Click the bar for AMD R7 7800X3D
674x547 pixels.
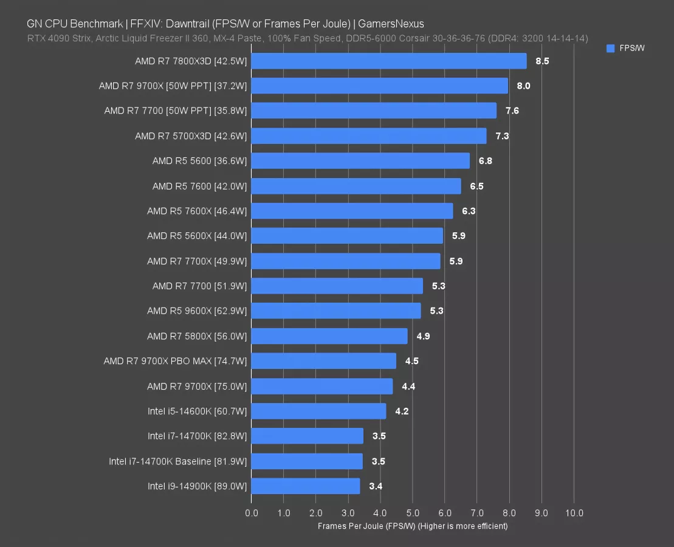click(389, 61)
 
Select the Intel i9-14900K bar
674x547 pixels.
click(305, 486)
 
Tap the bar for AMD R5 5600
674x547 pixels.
click(360, 161)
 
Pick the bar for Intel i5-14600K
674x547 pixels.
click(318, 411)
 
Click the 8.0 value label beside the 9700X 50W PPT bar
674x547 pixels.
click(523, 86)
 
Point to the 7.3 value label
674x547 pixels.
click(502, 136)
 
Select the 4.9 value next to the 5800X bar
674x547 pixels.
click(423, 336)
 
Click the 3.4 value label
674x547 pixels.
click(376, 486)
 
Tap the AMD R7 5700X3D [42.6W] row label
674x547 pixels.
click(191, 136)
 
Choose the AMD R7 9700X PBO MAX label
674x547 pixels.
click(175, 361)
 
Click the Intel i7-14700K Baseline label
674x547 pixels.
click(178, 461)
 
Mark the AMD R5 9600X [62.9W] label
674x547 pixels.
click(197, 311)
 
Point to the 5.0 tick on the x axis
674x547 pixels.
click(413, 513)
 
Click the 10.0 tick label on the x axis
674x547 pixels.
click(574, 513)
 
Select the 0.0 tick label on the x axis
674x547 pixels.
click(252, 513)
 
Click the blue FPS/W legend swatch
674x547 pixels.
click(611, 49)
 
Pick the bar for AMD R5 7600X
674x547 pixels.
click(352, 211)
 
